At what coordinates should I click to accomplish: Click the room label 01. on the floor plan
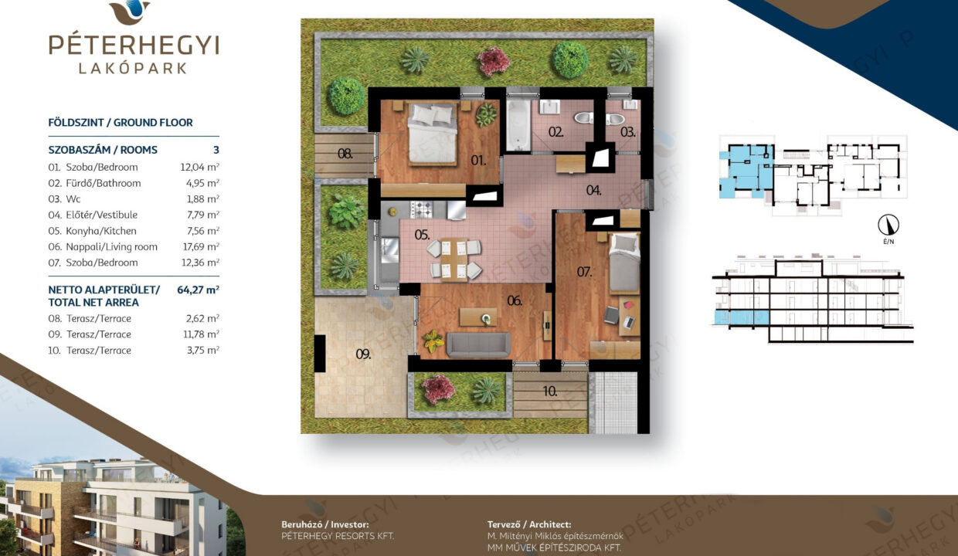[478, 161]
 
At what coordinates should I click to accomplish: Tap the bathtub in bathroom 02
[518, 125]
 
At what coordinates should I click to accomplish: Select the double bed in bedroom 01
[433, 134]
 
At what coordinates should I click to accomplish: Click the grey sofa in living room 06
[478, 345]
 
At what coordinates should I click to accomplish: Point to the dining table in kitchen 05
[454, 259]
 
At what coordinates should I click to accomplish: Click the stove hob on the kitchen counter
[422, 209]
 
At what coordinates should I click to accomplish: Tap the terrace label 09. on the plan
[363, 354]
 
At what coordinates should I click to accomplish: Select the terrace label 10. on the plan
[550, 391]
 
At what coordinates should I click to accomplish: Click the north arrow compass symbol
[888, 225]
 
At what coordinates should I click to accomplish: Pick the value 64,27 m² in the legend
[198, 290]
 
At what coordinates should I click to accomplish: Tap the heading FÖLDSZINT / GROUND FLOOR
[121, 123]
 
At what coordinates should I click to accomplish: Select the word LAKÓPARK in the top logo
[133, 69]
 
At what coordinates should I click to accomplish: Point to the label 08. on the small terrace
[345, 154]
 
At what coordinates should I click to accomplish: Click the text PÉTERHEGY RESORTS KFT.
[338, 536]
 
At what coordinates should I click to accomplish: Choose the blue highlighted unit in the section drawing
[742, 318]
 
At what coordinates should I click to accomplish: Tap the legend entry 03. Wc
[64, 199]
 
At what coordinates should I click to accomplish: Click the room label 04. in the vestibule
[593, 190]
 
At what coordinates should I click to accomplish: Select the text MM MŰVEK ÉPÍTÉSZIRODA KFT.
[554, 548]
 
